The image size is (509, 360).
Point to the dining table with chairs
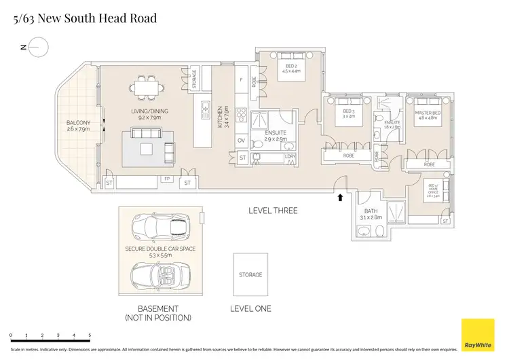[144, 88]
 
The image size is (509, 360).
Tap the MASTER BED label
[428, 114]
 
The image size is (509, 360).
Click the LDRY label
[290, 158]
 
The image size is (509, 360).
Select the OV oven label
[242, 141]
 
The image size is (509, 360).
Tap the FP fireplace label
[167, 181]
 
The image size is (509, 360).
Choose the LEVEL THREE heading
[273, 211]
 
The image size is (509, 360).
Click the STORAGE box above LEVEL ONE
[250, 275]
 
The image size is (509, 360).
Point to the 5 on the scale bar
[90, 336]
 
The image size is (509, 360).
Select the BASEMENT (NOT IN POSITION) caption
[158, 313]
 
